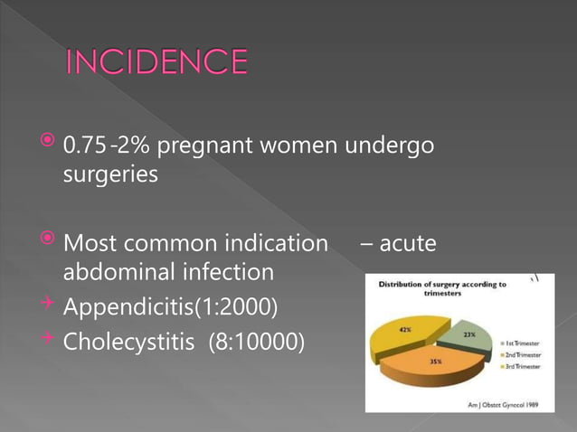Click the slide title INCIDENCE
pos(156,62)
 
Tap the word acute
pos(407,242)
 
